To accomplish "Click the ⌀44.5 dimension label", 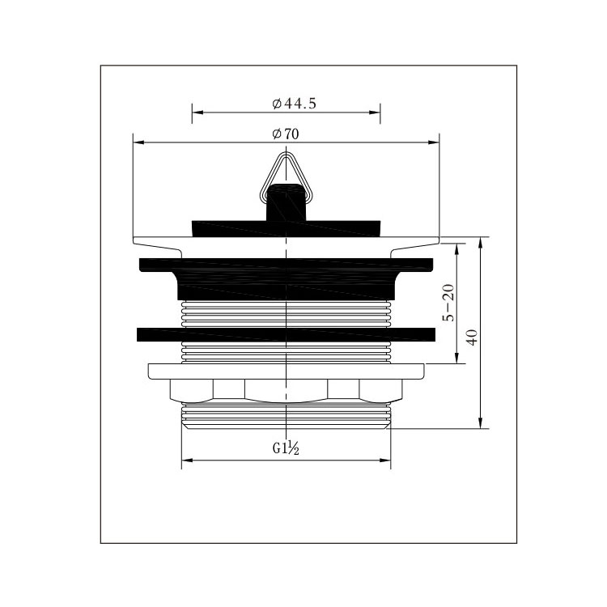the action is point(295,104).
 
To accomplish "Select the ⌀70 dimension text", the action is point(286,134).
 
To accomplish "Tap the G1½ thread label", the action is point(286,448).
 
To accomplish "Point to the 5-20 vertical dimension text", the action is point(448,303).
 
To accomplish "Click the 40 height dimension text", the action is point(473,337).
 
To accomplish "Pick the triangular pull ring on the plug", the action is point(286,178).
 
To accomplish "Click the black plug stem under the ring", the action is point(286,202).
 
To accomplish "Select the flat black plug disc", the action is point(286,229).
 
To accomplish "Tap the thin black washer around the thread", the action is point(286,335).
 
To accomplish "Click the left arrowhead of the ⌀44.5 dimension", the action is point(197,112).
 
